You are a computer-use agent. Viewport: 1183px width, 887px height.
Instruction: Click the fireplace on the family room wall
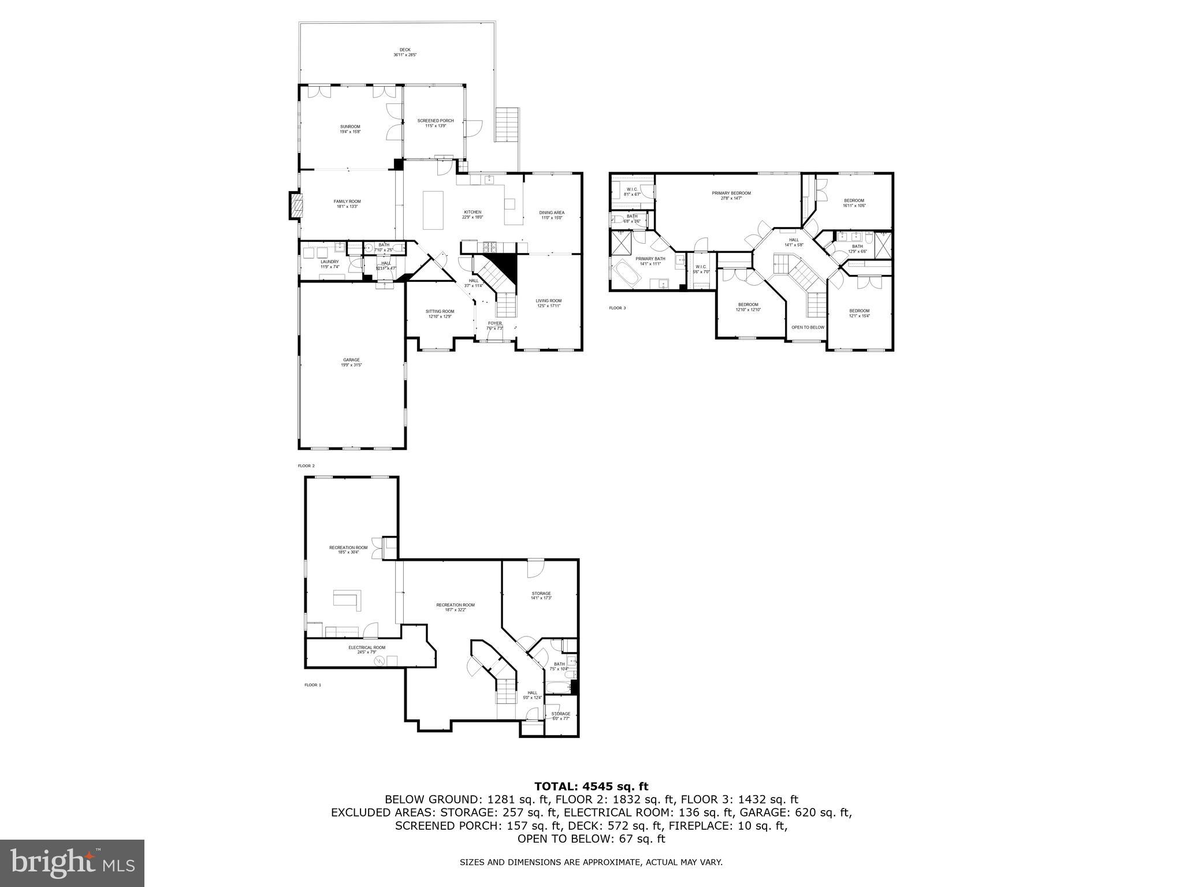point(296,206)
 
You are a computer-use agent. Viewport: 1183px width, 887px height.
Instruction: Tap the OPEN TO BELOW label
point(808,327)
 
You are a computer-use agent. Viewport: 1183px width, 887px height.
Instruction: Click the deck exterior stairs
point(508,125)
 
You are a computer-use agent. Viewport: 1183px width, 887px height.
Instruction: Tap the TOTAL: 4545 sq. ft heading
point(591,786)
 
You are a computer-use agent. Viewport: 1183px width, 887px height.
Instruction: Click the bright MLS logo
point(72,863)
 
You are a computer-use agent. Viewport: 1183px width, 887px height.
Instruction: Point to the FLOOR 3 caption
point(617,308)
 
